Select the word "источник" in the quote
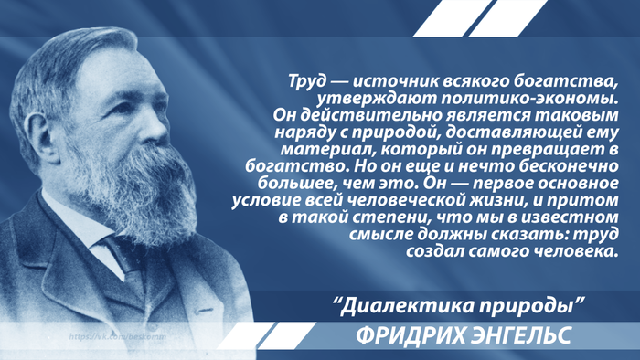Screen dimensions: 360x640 tap(384, 79)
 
